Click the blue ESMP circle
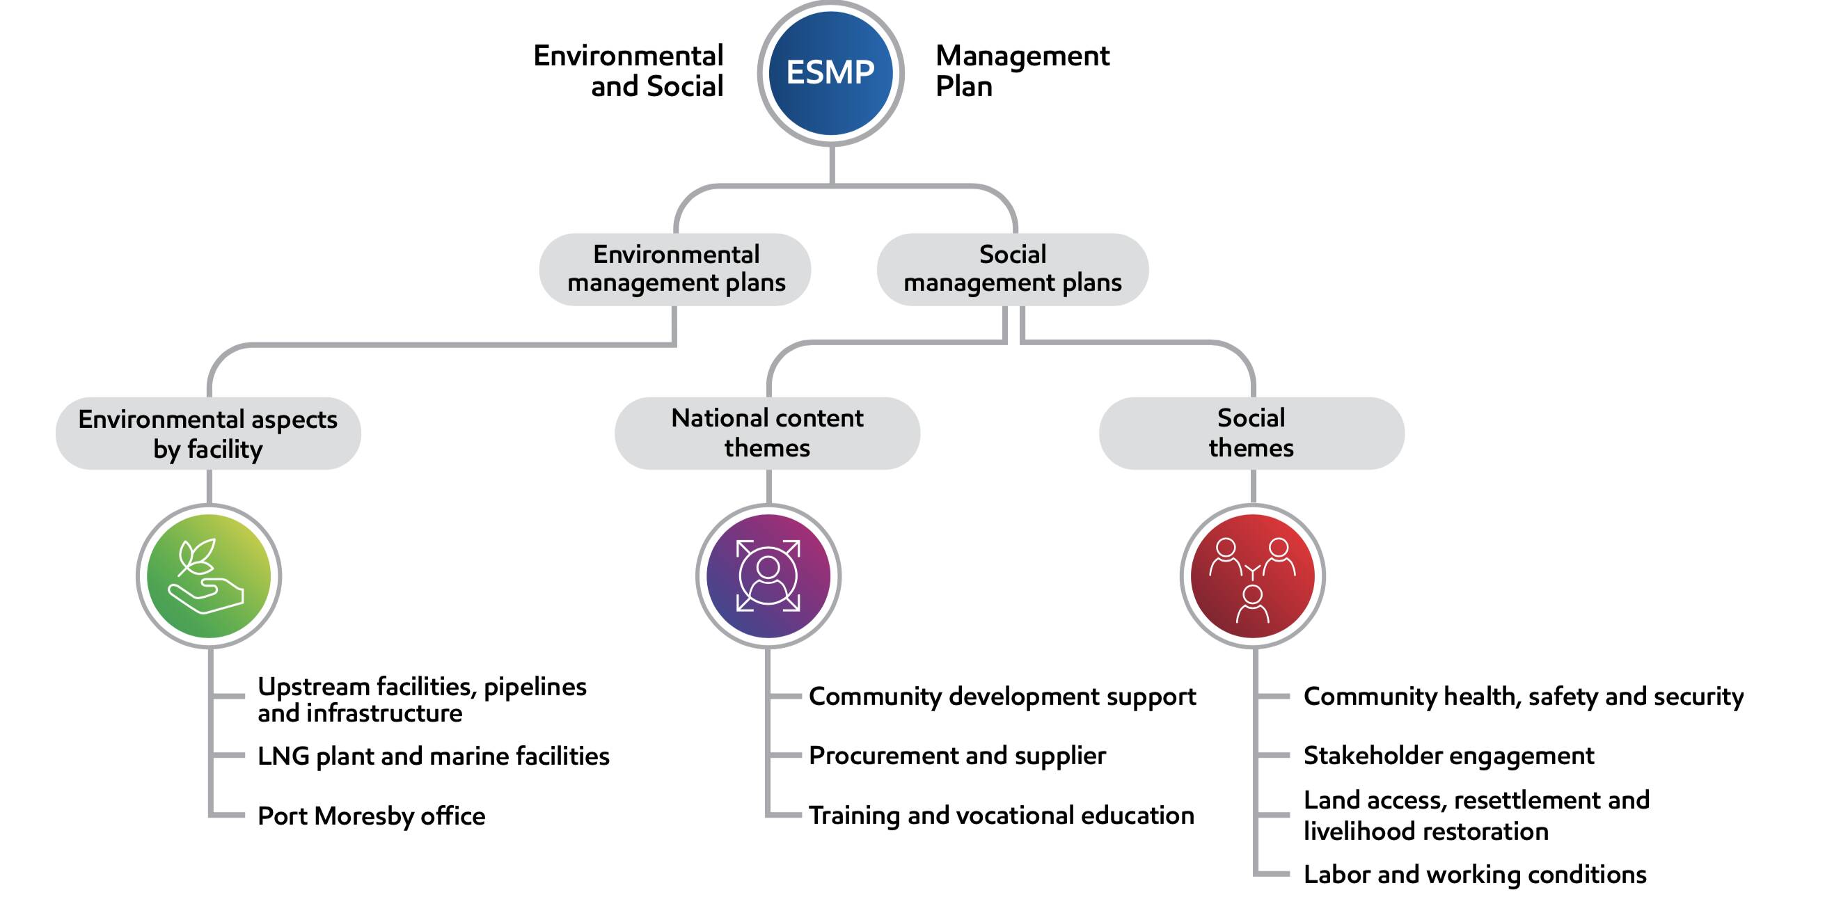(830, 73)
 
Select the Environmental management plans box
(675, 269)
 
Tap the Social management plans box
(1013, 269)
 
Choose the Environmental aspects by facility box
(208, 434)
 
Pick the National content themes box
(767, 433)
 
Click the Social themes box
(1251, 433)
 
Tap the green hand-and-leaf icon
(208, 576)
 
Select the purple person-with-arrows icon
(768, 576)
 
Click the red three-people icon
(1252, 576)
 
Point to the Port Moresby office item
(371, 816)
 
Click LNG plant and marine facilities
(433, 756)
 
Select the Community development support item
(1002, 696)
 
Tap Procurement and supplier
(956, 756)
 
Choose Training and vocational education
(1001, 815)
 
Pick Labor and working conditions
(1474, 875)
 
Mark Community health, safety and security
(1523, 696)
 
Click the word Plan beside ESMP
(963, 86)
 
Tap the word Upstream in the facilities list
(314, 686)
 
